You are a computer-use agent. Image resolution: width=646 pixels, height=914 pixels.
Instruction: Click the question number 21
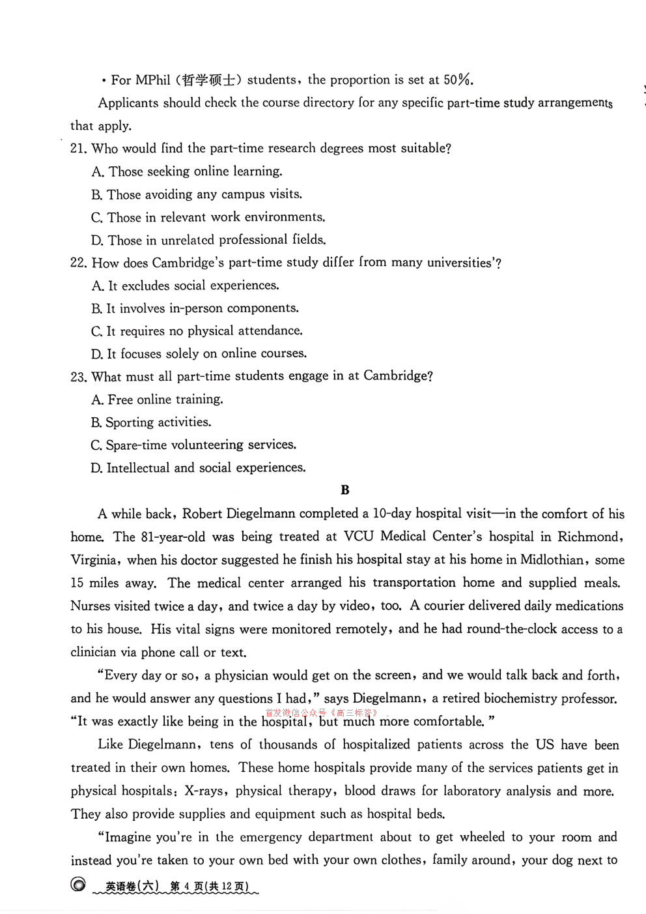coord(77,149)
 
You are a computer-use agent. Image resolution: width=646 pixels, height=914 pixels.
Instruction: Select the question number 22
coord(78,263)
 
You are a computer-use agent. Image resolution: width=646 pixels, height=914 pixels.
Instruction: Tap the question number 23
coord(78,377)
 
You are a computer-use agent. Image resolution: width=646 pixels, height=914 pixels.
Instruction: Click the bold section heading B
coord(345,490)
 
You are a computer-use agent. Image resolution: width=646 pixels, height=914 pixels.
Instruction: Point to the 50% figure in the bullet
coord(458,80)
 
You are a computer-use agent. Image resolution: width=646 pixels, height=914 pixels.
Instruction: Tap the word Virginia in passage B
coord(94,560)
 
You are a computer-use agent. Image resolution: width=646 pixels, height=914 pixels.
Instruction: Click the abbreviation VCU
coord(358,537)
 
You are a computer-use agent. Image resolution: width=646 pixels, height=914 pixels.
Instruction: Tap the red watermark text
coord(322,713)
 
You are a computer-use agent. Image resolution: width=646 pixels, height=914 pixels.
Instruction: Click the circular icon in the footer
coord(78,885)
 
